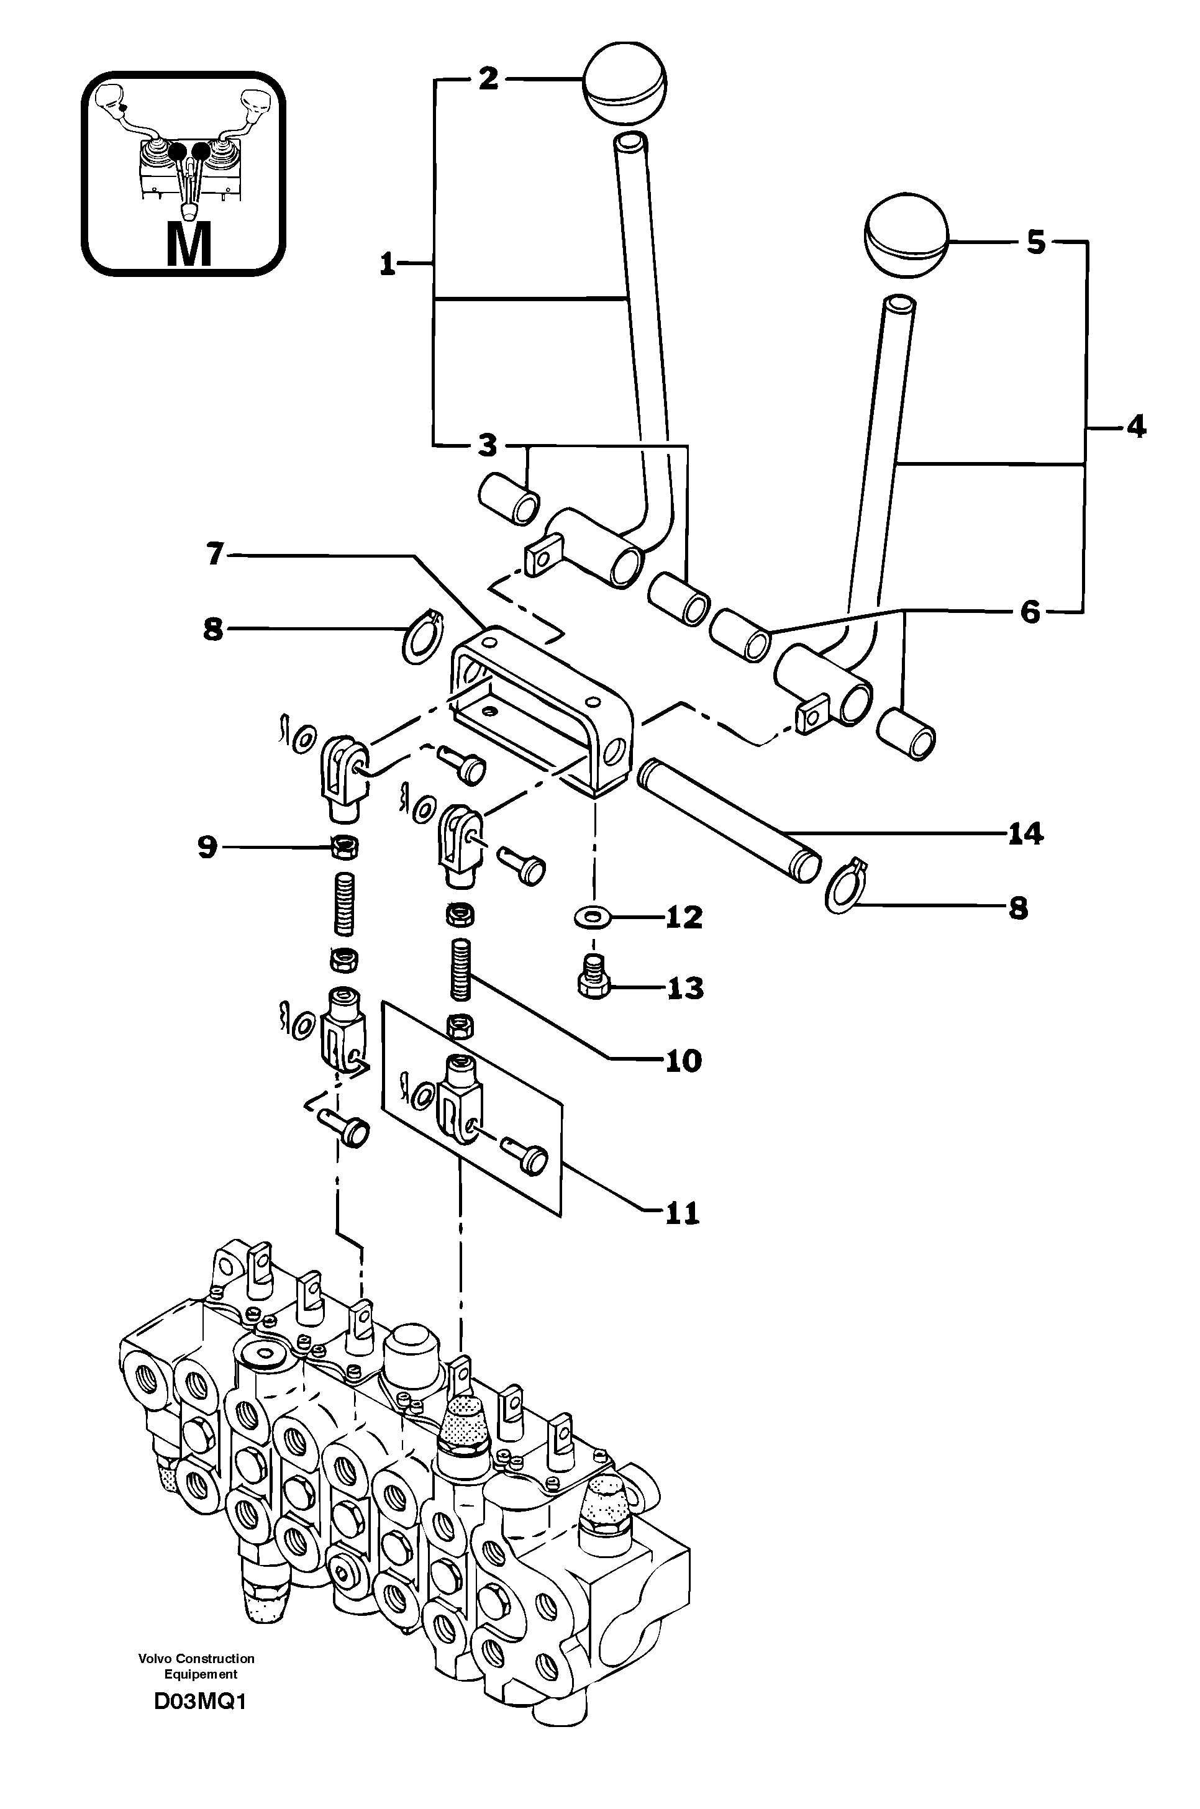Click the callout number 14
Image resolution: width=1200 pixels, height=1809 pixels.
pyautogui.click(x=1025, y=833)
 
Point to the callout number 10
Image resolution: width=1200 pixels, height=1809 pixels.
pyautogui.click(x=683, y=1061)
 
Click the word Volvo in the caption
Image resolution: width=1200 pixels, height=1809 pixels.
pyautogui.click(x=155, y=1659)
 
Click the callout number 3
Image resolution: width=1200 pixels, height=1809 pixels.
pyautogui.click(x=487, y=445)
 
